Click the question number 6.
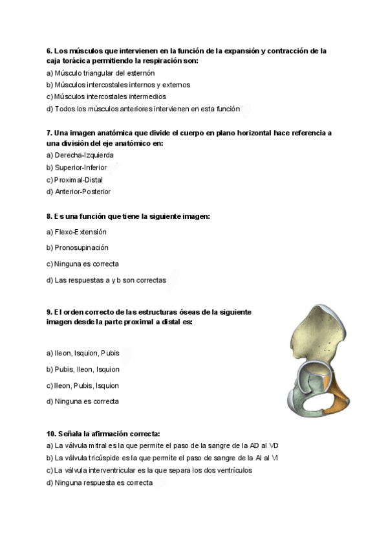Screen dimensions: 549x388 pos(49,50)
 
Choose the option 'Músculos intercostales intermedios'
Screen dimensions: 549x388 pos(110,96)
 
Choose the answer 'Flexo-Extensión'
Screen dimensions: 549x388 pos(80,232)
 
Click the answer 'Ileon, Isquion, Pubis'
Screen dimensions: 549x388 pos(87,353)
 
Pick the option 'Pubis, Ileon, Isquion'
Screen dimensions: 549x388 pos(87,370)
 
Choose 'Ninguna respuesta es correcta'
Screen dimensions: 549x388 pos(103,482)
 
